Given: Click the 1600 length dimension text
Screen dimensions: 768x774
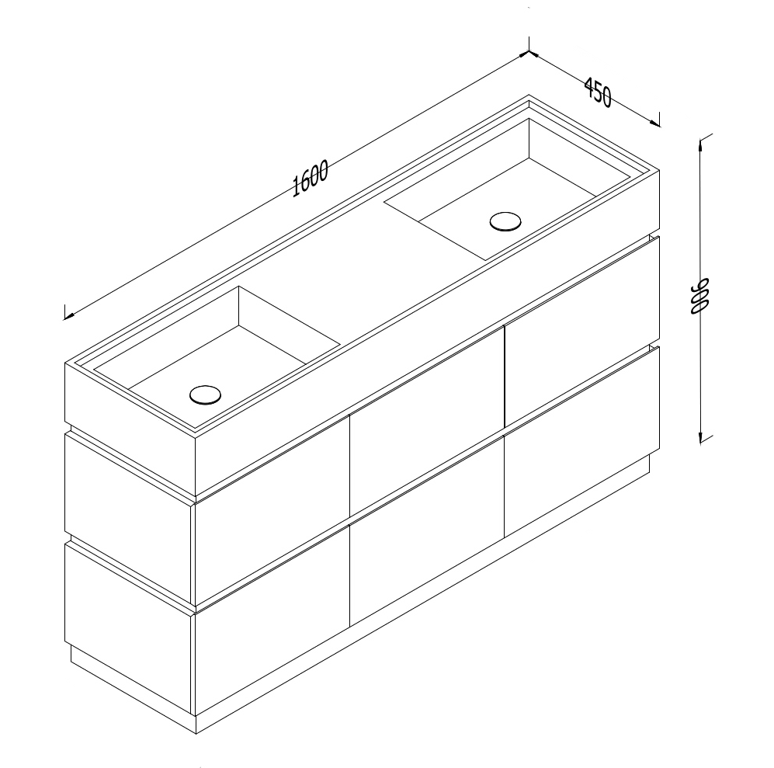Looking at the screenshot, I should (x=311, y=180).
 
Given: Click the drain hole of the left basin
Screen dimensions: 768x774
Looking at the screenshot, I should (x=205, y=394).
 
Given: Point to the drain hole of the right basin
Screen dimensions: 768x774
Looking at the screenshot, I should (x=506, y=221).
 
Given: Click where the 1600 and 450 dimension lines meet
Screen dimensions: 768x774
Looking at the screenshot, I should (x=529, y=53).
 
